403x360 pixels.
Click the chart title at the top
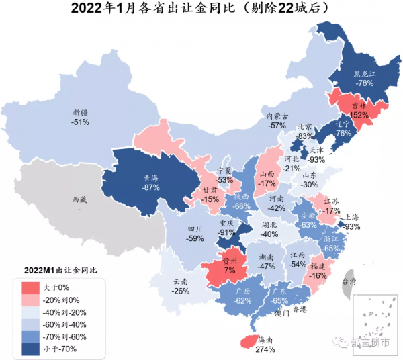tap(201, 9)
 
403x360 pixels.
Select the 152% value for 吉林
tap(361, 115)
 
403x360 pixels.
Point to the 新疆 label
tap(81, 112)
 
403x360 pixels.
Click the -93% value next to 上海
tap(353, 226)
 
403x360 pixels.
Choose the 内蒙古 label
tap(277, 116)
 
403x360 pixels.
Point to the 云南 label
tap(181, 282)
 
